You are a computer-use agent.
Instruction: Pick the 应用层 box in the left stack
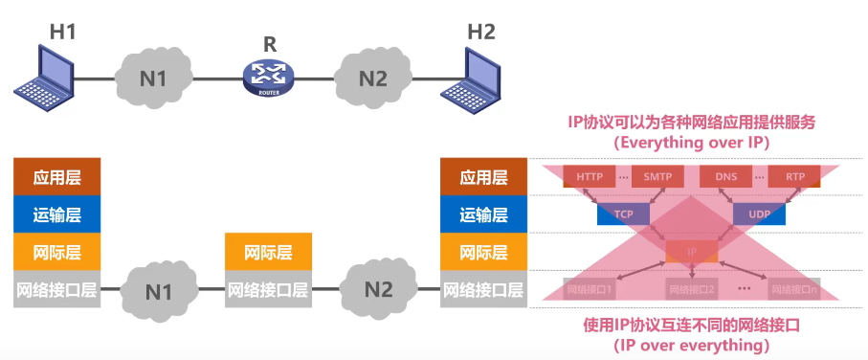[x=56, y=177]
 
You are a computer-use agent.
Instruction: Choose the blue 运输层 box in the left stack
[x=56, y=214]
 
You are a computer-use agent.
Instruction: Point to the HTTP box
[x=590, y=177]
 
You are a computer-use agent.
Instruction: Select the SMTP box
[x=657, y=177]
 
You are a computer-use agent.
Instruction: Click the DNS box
[x=726, y=177]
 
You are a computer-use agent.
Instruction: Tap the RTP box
[x=795, y=177]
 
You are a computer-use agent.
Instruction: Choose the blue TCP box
[x=623, y=214]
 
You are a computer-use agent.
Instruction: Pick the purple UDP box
[x=760, y=214]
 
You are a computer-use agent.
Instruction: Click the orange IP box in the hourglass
[x=691, y=252]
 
